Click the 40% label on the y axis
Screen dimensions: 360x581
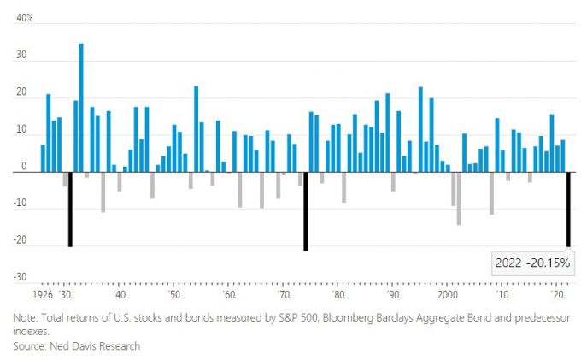click(x=23, y=17)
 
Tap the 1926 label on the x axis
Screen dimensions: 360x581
click(x=42, y=294)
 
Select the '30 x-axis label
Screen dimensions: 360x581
click(x=64, y=294)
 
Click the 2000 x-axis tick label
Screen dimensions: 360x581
click(x=447, y=294)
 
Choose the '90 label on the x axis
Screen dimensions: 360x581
click(x=392, y=294)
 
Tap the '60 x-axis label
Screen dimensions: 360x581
click(x=228, y=294)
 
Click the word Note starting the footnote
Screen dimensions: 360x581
click(x=26, y=318)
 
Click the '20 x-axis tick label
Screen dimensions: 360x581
click(x=556, y=294)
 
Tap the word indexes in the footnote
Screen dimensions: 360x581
click(x=31, y=332)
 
